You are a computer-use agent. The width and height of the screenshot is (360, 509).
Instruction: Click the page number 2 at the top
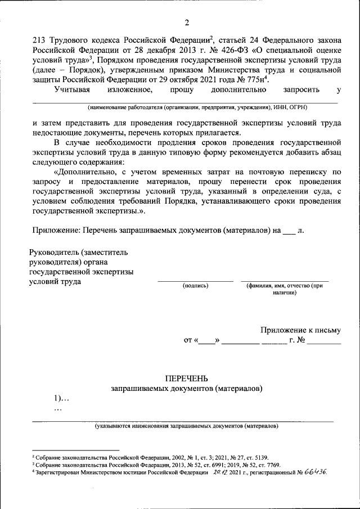[186, 22]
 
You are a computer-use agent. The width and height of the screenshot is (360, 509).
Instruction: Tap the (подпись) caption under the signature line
[195, 286]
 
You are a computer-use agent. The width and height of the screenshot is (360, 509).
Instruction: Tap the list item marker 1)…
[61, 398]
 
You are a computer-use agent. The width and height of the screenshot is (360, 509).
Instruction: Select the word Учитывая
[74, 89]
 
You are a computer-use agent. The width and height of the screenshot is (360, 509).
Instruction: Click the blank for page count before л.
[288, 230]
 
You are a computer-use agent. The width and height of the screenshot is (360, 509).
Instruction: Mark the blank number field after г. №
[324, 341]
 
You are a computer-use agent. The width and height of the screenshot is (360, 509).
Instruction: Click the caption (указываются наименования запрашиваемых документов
[186, 426]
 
